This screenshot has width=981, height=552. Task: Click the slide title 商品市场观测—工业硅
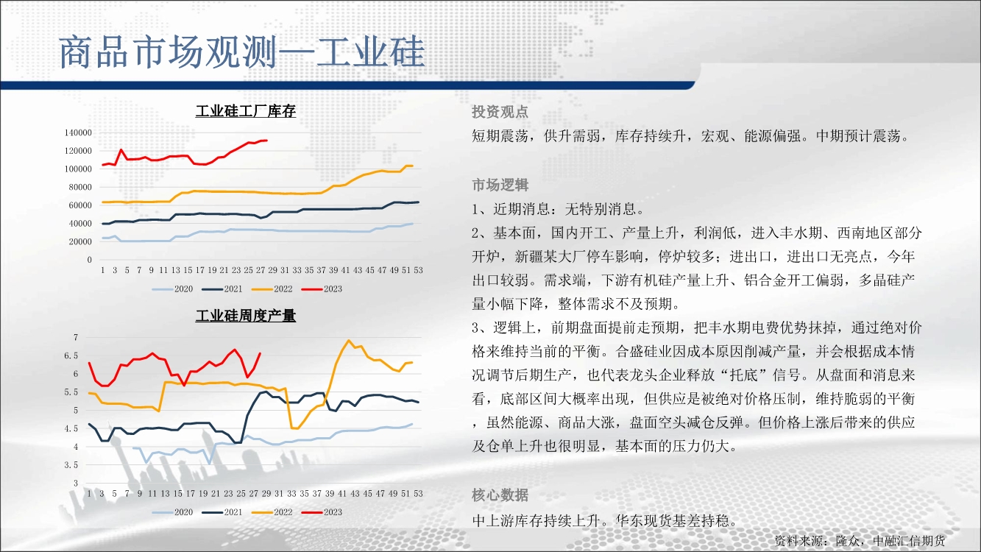pos(242,52)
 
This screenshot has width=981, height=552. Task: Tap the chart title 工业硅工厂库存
pos(245,111)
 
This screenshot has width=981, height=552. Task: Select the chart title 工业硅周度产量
pos(245,316)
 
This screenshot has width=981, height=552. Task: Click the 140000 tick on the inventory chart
pos(78,132)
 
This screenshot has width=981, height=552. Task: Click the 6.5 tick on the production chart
pos(71,355)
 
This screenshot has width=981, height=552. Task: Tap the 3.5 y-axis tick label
pos(71,465)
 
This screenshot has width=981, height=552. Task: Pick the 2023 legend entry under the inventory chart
pos(322,289)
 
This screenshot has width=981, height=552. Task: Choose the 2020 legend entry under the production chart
pos(172,512)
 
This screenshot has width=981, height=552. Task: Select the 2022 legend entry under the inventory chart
pos(272,289)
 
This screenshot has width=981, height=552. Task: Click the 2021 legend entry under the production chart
pos(222,512)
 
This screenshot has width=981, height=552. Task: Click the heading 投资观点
pos(500,112)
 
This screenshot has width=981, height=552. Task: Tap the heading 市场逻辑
pos(500,185)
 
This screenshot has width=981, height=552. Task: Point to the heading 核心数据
pos(500,495)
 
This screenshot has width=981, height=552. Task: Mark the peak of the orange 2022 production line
pos(349,340)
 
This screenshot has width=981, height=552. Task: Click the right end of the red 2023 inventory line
pos(266,141)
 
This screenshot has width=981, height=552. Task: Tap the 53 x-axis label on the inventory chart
pos(418,270)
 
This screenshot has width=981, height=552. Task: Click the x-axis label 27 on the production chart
pos(254,494)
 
